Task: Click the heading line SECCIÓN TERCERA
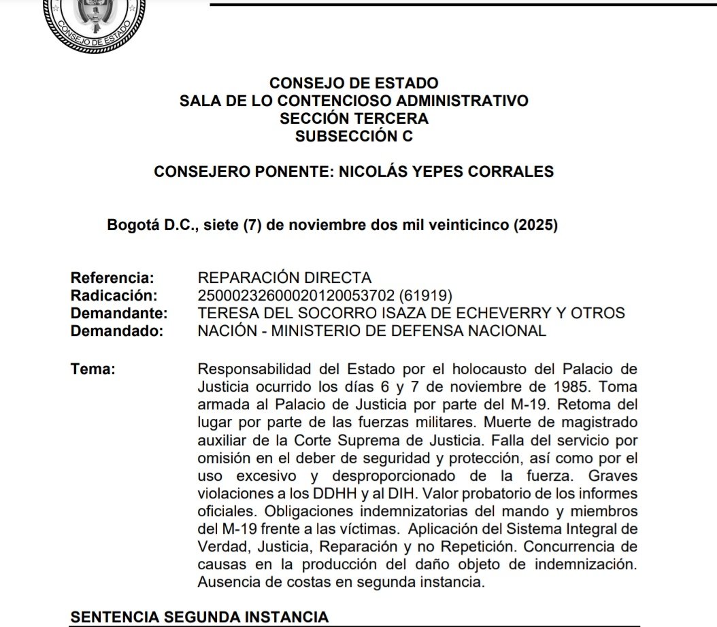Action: (x=354, y=118)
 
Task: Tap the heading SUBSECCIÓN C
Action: (x=354, y=136)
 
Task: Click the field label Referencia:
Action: (x=113, y=278)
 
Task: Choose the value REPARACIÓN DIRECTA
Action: (x=284, y=278)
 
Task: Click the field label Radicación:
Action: (x=114, y=296)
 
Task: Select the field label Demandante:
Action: (x=119, y=313)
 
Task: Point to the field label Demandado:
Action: (x=118, y=331)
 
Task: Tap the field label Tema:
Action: (x=93, y=369)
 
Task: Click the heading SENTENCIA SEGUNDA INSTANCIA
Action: (x=199, y=617)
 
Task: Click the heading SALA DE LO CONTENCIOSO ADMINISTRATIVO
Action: (x=354, y=101)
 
